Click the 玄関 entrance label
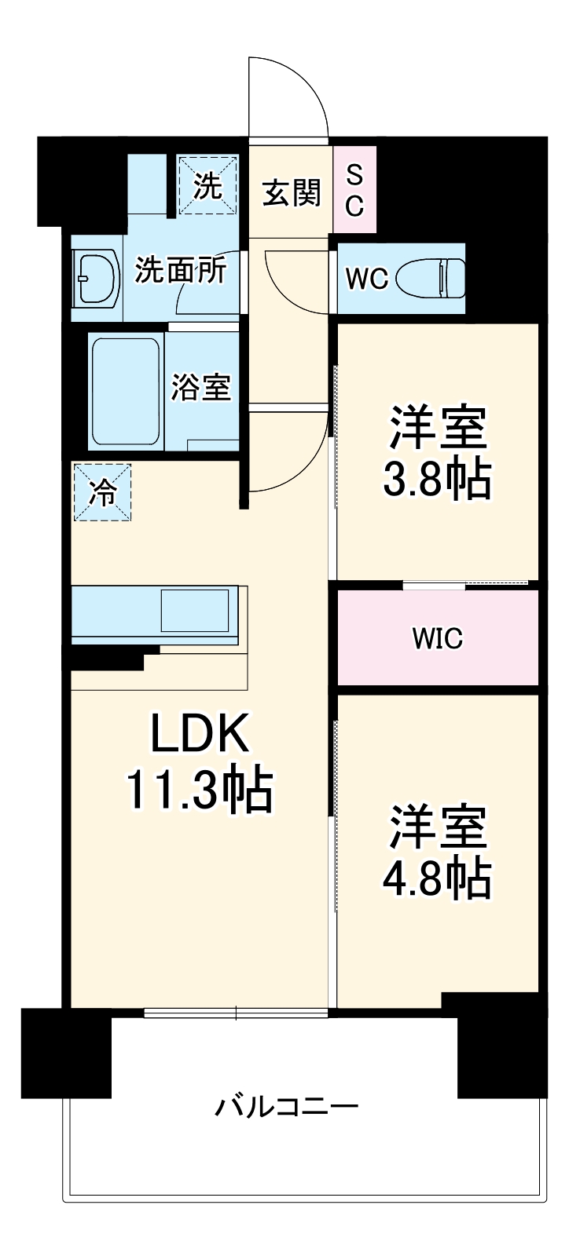click(292, 193)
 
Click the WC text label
click(367, 279)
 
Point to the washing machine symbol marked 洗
click(207, 185)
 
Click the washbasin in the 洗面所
click(95, 278)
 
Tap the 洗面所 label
click(181, 271)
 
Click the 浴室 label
click(201, 387)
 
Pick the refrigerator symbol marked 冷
click(102, 492)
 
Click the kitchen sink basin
click(196, 610)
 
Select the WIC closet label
click(438, 639)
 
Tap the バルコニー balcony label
click(288, 1108)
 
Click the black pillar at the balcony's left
click(66, 1052)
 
